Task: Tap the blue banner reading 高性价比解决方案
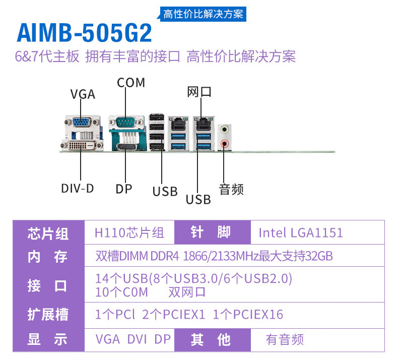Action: tap(203, 14)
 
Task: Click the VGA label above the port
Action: tap(83, 94)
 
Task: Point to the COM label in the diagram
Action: tap(131, 82)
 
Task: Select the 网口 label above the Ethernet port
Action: tap(199, 92)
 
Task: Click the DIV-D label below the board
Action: tap(78, 189)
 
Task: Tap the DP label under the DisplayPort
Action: tap(124, 189)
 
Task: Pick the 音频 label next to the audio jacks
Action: tap(231, 190)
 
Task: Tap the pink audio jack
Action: tap(225, 144)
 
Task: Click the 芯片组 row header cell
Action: tap(48, 233)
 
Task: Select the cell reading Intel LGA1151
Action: tap(301, 232)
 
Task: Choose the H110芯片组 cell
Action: tap(129, 232)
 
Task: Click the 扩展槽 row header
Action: tap(48, 315)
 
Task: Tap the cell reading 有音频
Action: tap(285, 339)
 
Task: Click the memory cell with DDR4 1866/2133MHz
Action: tap(214, 256)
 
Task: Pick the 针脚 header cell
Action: tap(211, 232)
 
